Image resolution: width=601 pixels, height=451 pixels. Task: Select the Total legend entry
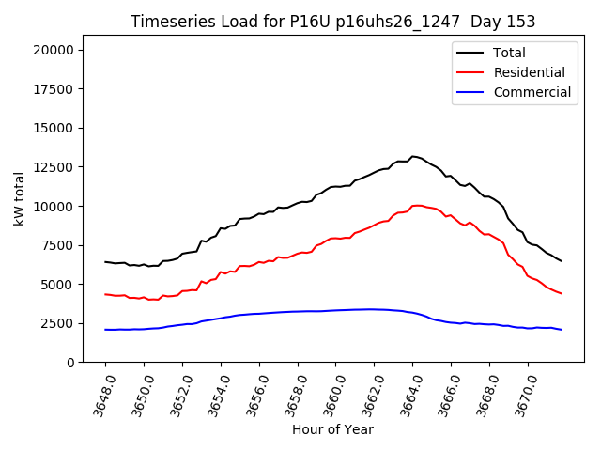(509, 53)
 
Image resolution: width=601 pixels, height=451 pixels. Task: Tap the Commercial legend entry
(532, 92)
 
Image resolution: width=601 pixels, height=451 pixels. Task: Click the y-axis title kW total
(20, 199)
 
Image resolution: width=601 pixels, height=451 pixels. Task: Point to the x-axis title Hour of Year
(332, 429)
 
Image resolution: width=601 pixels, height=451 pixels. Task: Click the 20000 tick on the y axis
(58, 50)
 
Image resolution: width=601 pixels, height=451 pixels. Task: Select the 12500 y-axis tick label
(58, 167)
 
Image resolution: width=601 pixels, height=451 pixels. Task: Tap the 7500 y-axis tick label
(62, 245)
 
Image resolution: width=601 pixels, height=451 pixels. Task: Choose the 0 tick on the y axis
(75, 363)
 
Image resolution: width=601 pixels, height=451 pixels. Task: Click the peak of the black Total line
(412, 156)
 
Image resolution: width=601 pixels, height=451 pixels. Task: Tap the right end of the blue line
(561, 330)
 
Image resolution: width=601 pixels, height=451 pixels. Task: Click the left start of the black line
(105, 262)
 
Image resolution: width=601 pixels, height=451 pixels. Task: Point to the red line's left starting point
(105, 294)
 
